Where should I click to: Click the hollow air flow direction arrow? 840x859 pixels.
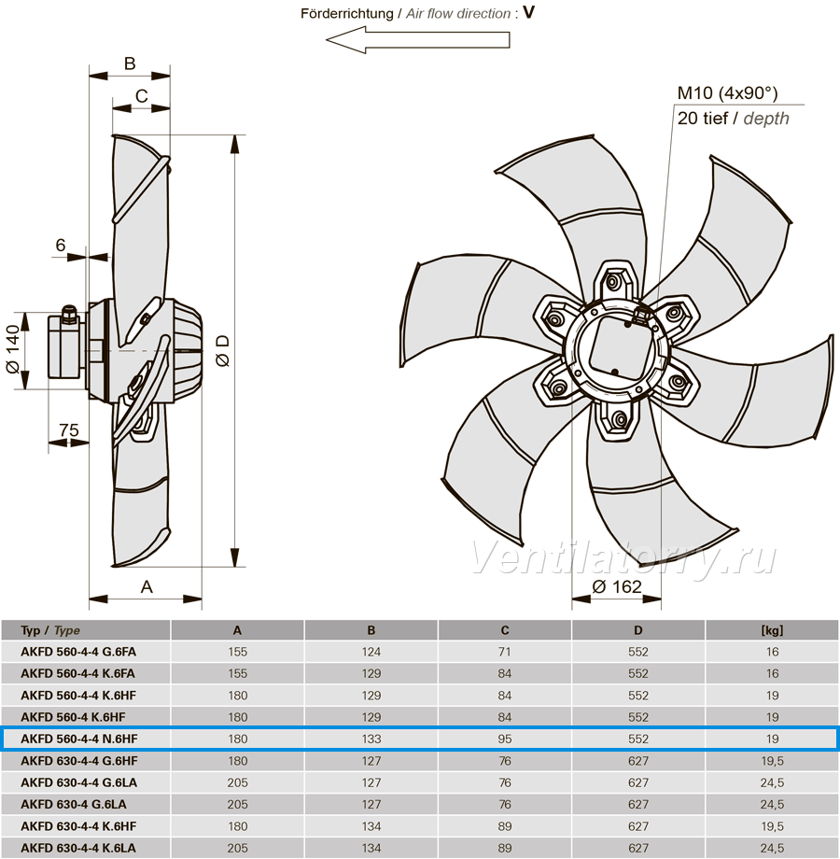[x=418, y=40]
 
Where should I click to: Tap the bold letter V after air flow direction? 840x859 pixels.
[x=528, y=12]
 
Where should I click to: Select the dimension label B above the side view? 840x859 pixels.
[x=130, y=63]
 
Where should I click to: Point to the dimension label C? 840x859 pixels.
[x=141, y=96]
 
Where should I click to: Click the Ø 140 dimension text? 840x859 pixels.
[x=13, y=349]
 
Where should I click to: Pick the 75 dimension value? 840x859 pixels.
[x=69, y=430]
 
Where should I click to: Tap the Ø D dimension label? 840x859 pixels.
[x=223, y=351]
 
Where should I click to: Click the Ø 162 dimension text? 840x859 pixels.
[x=617, y=586]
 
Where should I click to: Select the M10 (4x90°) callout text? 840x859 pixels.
[x=727, y=93]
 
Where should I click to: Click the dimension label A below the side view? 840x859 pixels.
[x=147, y=586]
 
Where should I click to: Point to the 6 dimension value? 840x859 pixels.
[x=61, y=245]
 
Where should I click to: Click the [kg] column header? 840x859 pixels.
[x=772, y=630]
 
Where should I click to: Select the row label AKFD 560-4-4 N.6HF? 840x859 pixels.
[x=78, y=739]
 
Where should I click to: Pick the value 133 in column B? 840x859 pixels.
[x=371, y=739]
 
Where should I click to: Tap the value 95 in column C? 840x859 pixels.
[x=505, y=739]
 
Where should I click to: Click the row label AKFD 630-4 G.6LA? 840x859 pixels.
[x=74, y=804]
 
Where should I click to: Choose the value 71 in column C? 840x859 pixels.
[x=505, y=652]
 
